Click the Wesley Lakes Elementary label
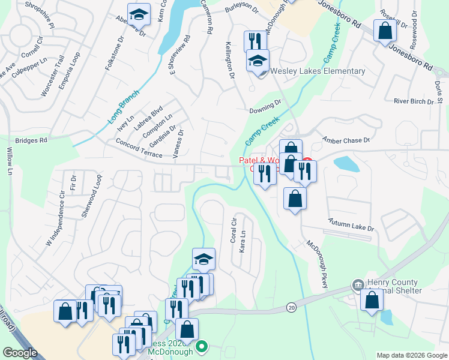point(318,71)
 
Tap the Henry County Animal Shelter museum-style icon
point(358,284)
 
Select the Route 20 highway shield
point(292,307)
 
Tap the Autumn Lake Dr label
point(351,226)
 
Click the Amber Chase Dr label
point(346,140)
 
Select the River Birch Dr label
point(413,101)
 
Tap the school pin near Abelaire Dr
point(139,15)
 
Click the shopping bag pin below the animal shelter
point(372,300)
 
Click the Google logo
point(20,353)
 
